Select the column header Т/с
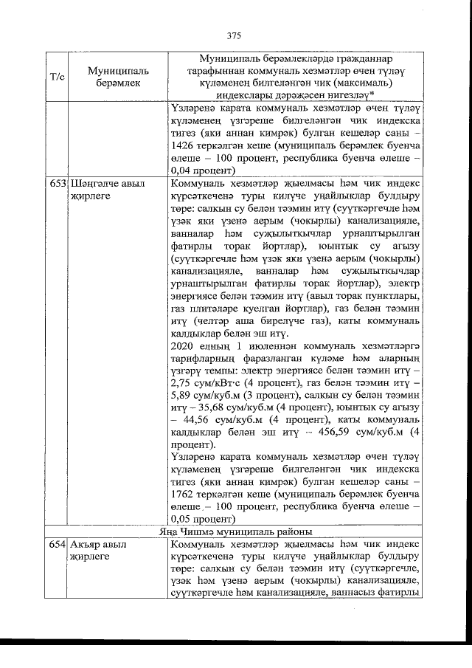coord(58,77)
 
